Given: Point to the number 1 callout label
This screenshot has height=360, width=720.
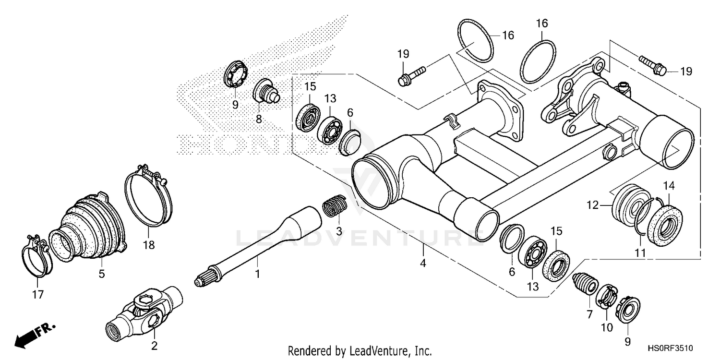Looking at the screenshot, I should (257, 275).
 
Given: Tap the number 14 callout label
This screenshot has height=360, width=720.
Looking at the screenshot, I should (669, 185).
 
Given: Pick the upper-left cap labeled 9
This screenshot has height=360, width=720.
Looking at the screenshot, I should (236, 74).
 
